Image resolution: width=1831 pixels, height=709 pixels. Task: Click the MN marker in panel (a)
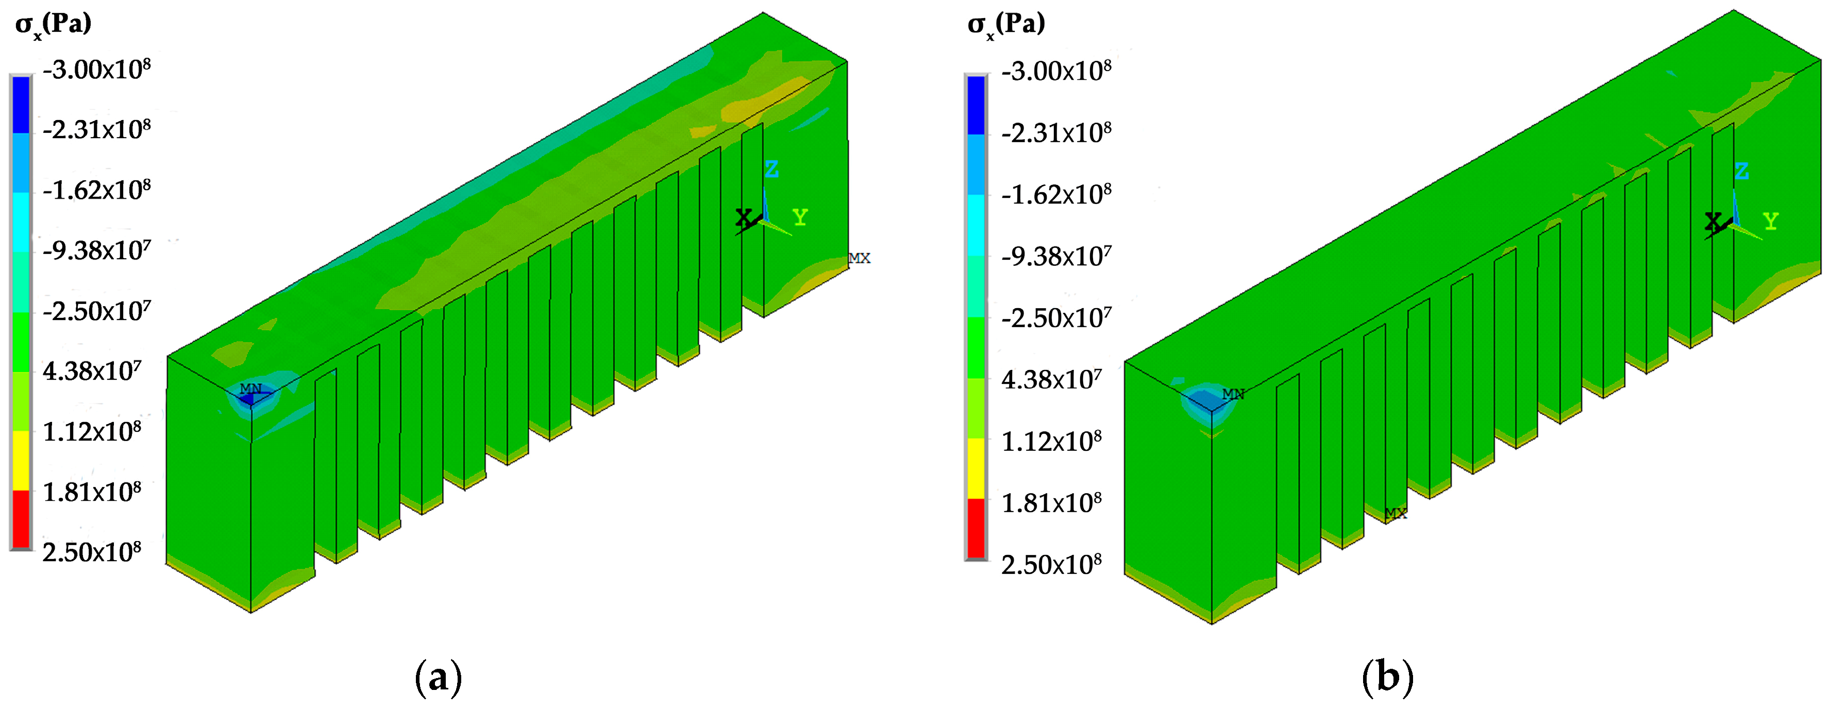click(x=250, y=389)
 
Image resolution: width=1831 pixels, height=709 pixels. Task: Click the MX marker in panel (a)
click(x=860, y=258)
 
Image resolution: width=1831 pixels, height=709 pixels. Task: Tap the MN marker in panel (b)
click(x=1233, y=394)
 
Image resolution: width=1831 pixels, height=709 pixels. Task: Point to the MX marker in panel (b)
click(x=1396, y=513)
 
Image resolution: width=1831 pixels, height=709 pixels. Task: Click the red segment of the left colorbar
click(x=21, y=518)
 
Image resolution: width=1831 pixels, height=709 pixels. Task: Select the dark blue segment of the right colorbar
click(x=976, y=105)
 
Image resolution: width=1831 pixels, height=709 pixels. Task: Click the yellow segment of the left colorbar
click(x=21, y=460)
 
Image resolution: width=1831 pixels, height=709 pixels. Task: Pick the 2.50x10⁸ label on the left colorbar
click(x=92, y=551)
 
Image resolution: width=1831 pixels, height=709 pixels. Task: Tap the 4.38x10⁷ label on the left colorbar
click(x=92, y=371)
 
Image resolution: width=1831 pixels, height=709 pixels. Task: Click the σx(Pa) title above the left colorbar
click(x=53, y=25)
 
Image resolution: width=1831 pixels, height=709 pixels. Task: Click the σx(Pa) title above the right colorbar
click(x=1006, y=25)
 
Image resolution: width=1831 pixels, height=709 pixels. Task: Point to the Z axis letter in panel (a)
click(x=771, y=169)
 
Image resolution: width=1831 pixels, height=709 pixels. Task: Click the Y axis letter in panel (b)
click(x=1771, y=221)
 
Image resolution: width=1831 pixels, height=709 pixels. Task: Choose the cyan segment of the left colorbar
click(x=21, y=223)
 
